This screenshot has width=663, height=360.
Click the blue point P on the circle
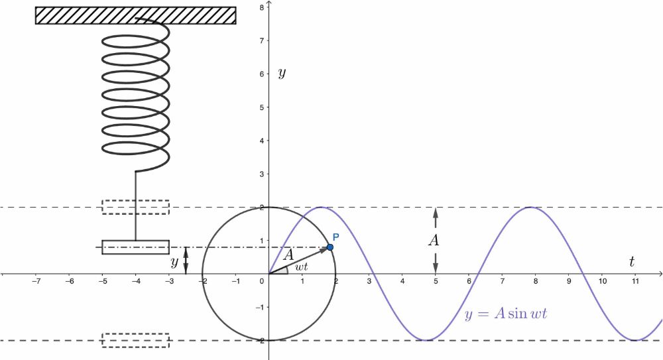coord(330,247)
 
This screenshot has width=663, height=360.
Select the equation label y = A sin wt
coord(506,314)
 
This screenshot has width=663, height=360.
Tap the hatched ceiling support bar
coord(136,16)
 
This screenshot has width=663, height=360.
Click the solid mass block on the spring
coord(136,247)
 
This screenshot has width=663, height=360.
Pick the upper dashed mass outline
coord(136,207)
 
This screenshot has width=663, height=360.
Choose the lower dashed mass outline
coord(136,341)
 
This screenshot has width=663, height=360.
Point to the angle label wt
coord(302,267)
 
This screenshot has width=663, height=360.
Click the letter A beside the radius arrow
coord(288,255)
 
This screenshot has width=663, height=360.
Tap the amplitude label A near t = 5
coord(434,240)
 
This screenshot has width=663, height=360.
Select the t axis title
coord(632,261)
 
